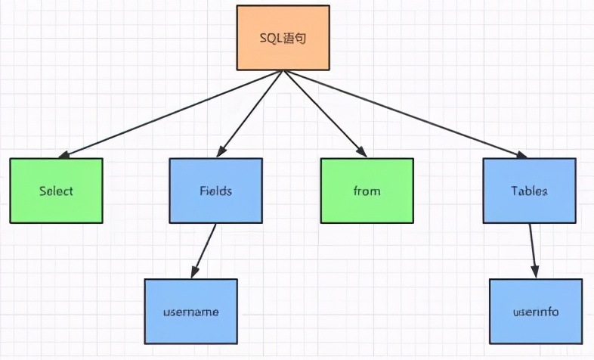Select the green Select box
pos(57,191)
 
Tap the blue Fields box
pos(215,191)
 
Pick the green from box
pos(367,191)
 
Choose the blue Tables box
pos(528,191)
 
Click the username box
pos(190,311)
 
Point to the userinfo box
pos(536,311)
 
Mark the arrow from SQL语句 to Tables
pos(401,113)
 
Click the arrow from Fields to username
pos(205,250)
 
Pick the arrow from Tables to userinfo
pos(533,250)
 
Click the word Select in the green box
pos(57,191)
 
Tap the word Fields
pos(215,191)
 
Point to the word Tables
pos(528,191)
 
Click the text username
pos(190,311)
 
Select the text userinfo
pos(536,311)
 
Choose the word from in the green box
pos(367,191)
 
